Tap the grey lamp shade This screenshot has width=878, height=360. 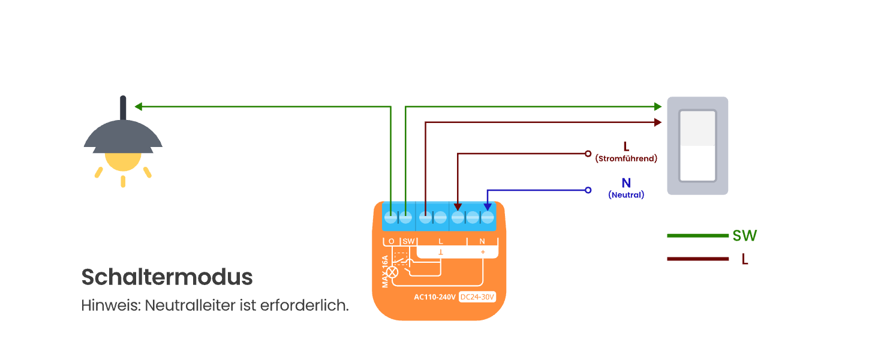[123, 136]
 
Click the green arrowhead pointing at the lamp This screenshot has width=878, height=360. [138, 107]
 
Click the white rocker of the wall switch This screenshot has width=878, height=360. [697, 146]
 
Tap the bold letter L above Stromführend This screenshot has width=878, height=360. [626, 146]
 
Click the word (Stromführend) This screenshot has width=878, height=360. [626, 158]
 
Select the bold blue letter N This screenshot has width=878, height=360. [626, 183]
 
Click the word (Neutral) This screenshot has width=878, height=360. [626, 195]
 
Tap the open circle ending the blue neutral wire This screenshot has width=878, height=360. [588, 190]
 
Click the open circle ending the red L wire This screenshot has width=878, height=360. [588, 154]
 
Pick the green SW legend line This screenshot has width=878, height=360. [697, 236]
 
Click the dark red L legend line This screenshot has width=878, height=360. [697, 259]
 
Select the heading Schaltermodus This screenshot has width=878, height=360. [167, 277]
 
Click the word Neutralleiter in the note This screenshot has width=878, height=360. [191, 305]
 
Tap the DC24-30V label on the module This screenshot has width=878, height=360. [477, 296]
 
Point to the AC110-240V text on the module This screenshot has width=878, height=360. [435, 296]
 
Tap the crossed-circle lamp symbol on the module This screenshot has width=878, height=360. [393, 272]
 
